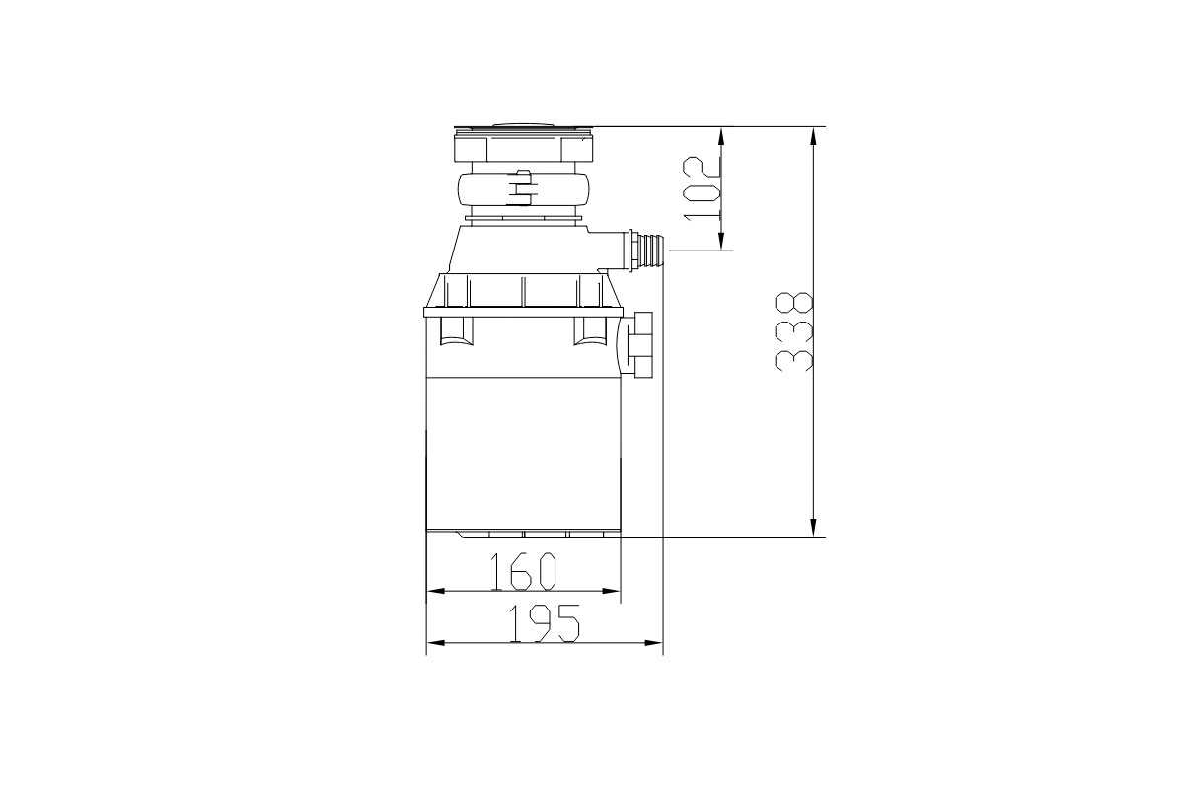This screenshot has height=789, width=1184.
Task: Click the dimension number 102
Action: (702, 187)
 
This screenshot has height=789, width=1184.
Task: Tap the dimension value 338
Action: (793, 332)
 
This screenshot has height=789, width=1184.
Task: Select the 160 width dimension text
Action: (524, 571)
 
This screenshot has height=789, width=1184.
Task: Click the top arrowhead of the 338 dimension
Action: (813, 138)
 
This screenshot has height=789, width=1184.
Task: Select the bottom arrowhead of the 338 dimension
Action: (813, 526)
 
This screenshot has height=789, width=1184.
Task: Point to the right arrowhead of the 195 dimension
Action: (652, 643)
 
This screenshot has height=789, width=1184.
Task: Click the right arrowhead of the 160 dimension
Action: (610, 591)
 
